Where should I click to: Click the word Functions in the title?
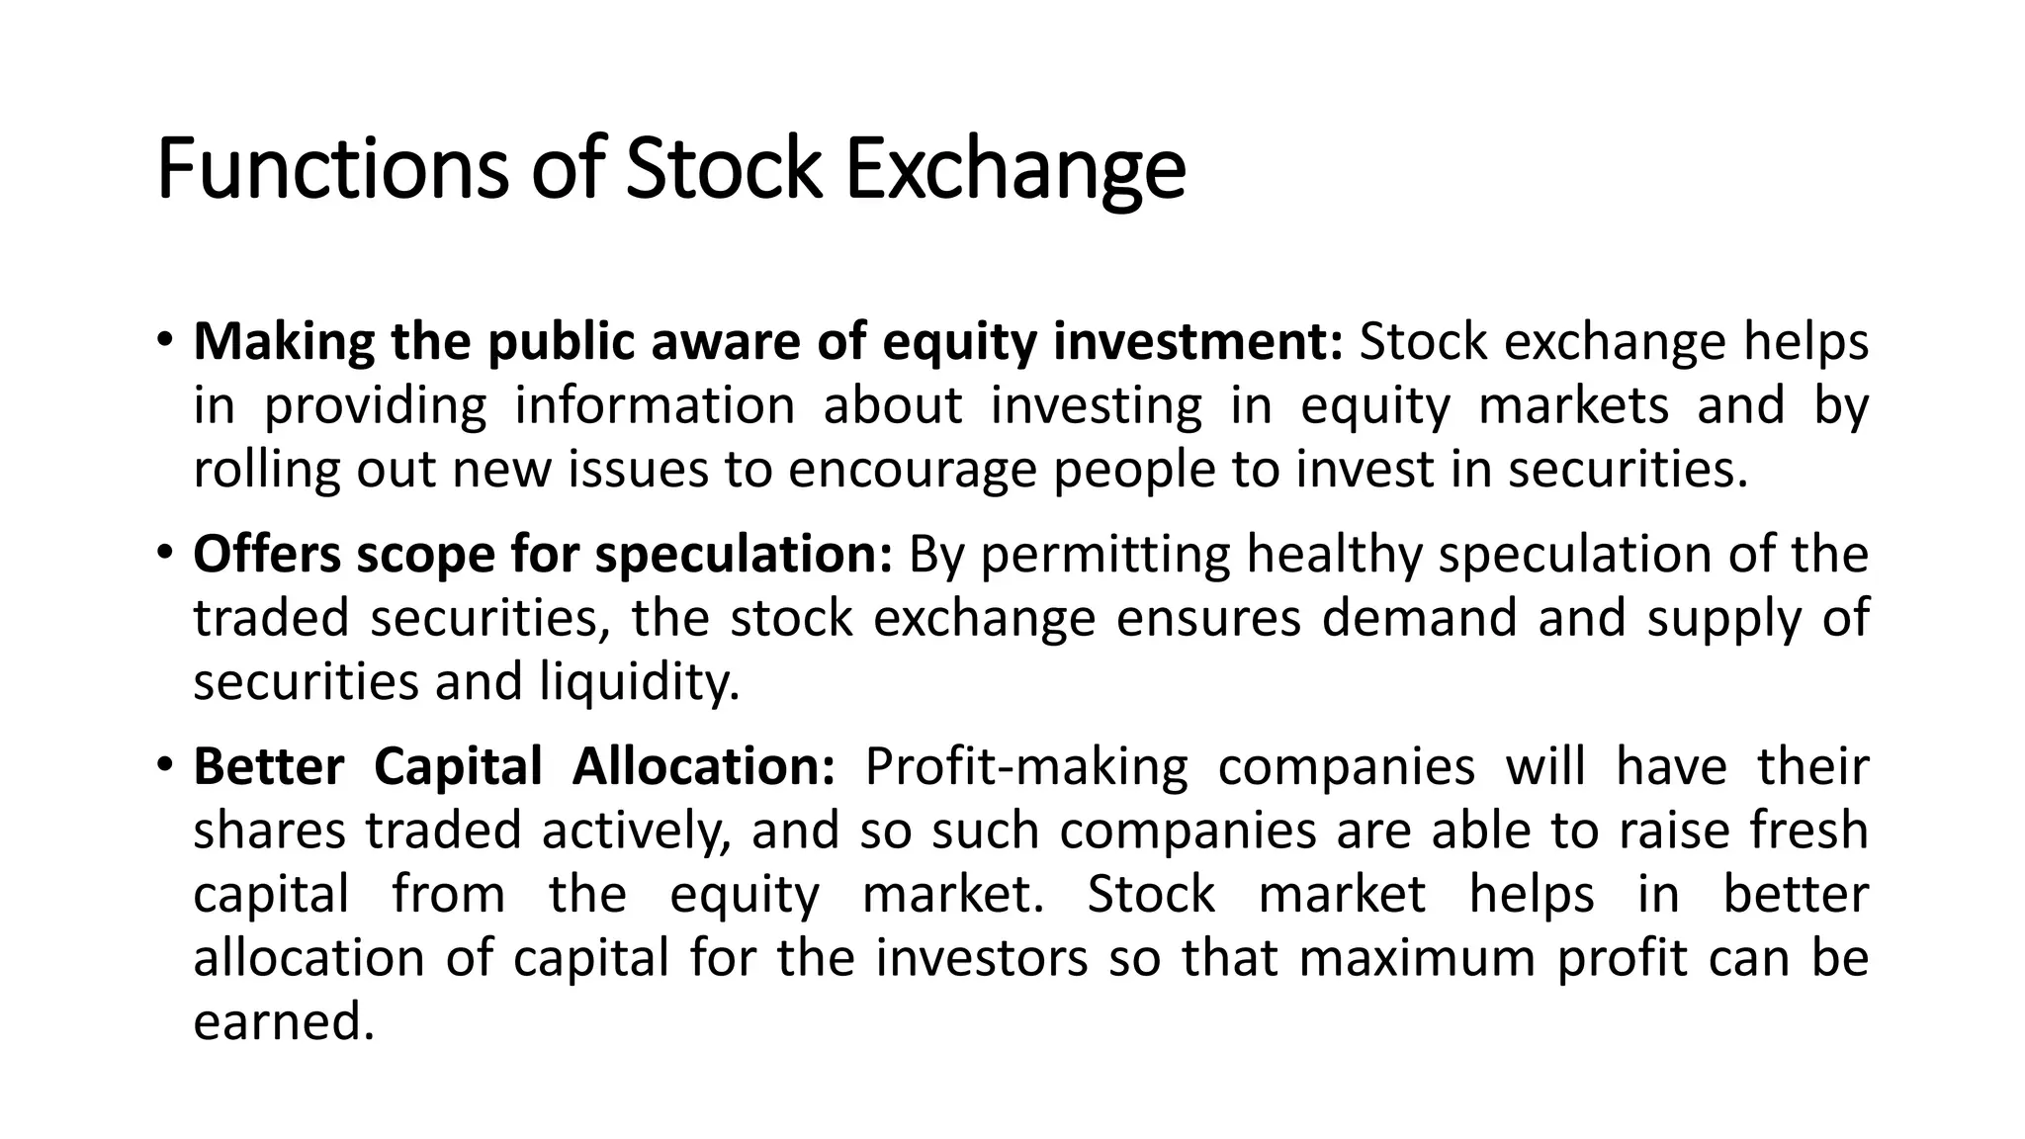(x=331, y=169)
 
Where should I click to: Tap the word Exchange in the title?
(x=1015, y=169)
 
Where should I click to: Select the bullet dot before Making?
(x=164, y=340)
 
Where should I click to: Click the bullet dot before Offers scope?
(x=164, y=553)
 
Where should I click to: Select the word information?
(x=655, y=405)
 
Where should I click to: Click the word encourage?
(x=912, y=470)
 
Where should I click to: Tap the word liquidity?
(x=639, y=682)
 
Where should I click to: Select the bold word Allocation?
(x=704, y=767)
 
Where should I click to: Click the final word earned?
(x=284, y=1021)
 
